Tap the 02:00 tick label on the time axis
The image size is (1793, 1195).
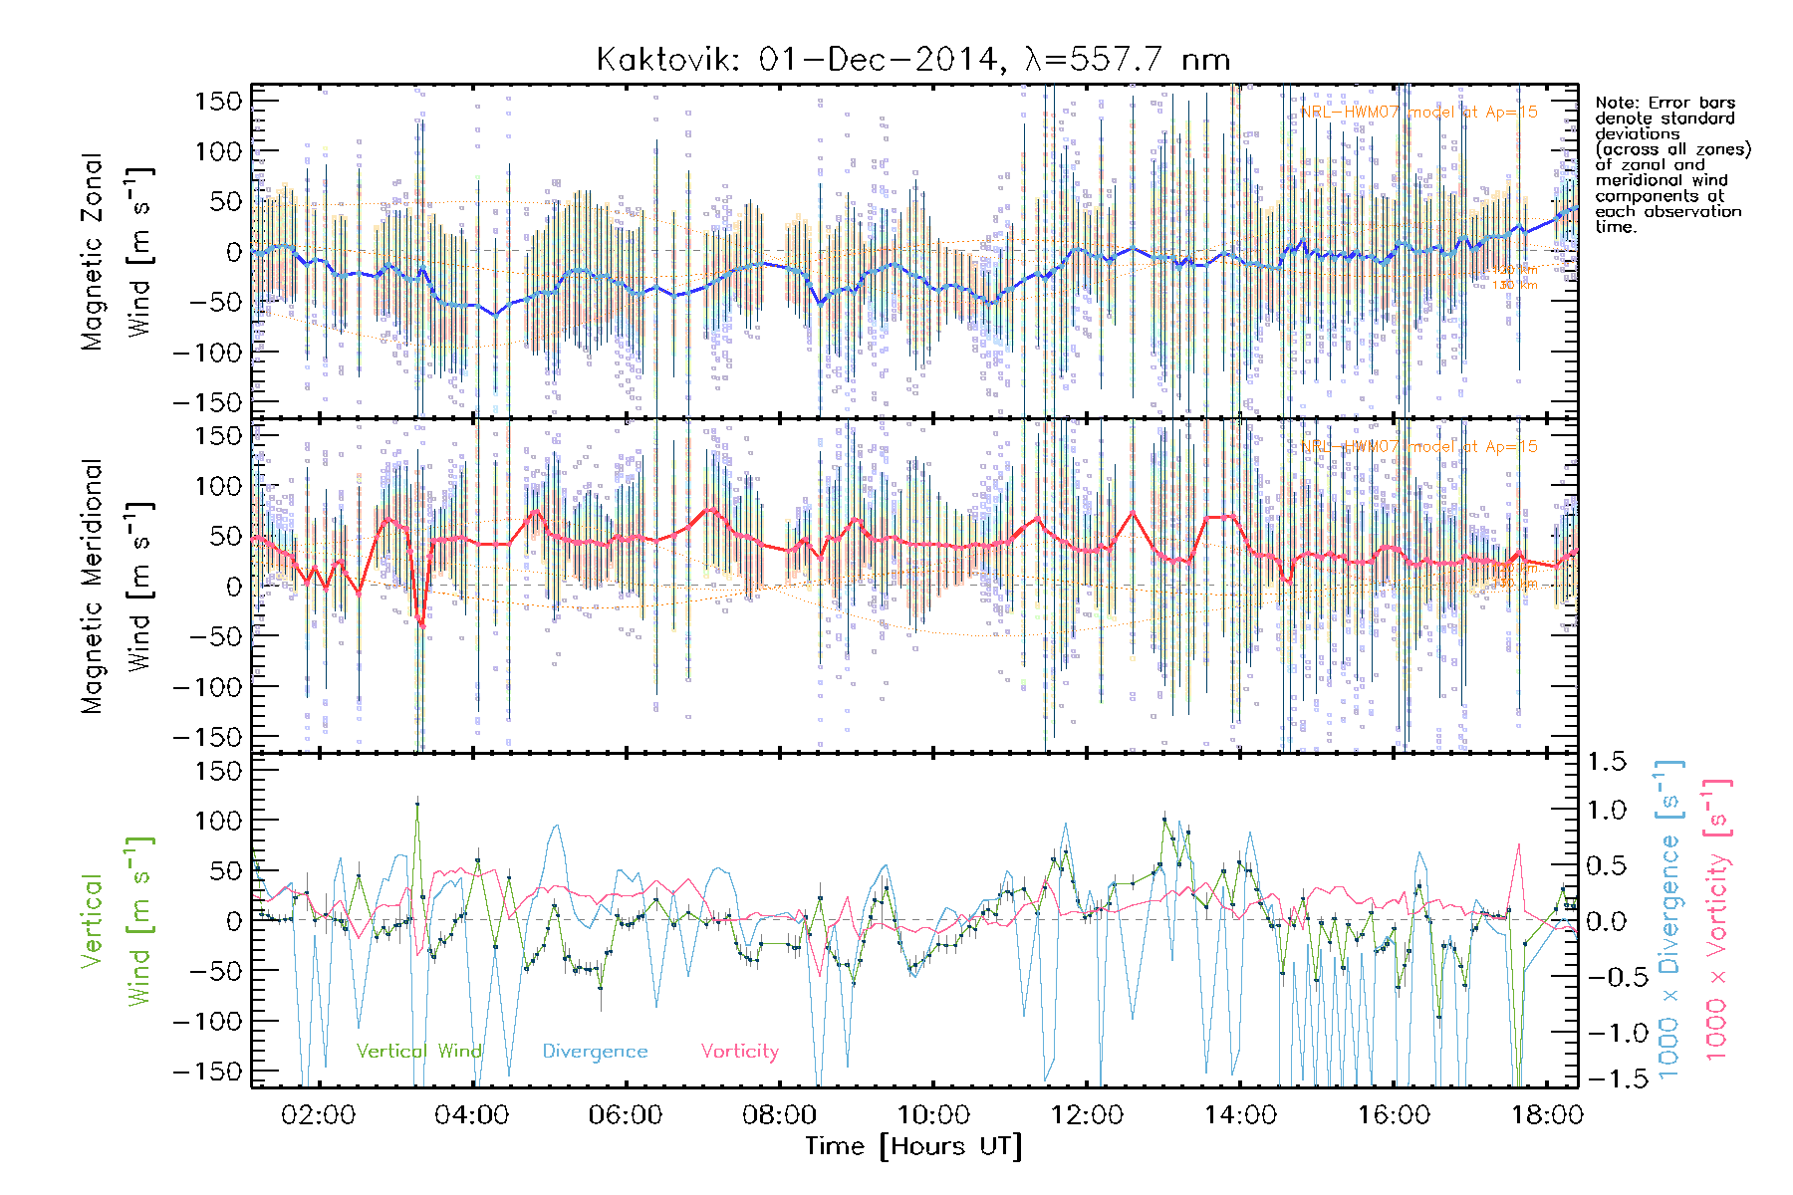click(x=318, y=1115)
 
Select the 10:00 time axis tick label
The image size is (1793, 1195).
click(x=933, y=1115)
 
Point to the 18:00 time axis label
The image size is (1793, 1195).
click(x=1547, y=1115)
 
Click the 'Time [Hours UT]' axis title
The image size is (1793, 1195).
click(x=913, y=1146)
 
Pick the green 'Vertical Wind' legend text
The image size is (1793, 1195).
click(x=418, y=1052)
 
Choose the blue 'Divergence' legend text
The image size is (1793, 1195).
click(x=595, y=1052)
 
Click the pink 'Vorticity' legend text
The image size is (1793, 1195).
click(x=739, y=1052)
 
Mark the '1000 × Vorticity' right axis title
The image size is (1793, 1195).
click(x=1717, y=920)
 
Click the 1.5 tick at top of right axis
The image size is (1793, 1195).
click(x=1607, y=762)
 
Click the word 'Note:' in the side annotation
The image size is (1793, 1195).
click(x=1616, y=103)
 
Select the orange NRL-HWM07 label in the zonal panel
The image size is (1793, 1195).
click(x=1418, y=113)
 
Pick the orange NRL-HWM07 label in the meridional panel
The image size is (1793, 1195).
click(x=1418, y=447)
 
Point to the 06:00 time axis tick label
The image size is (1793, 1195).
click(x=626, y=1115)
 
